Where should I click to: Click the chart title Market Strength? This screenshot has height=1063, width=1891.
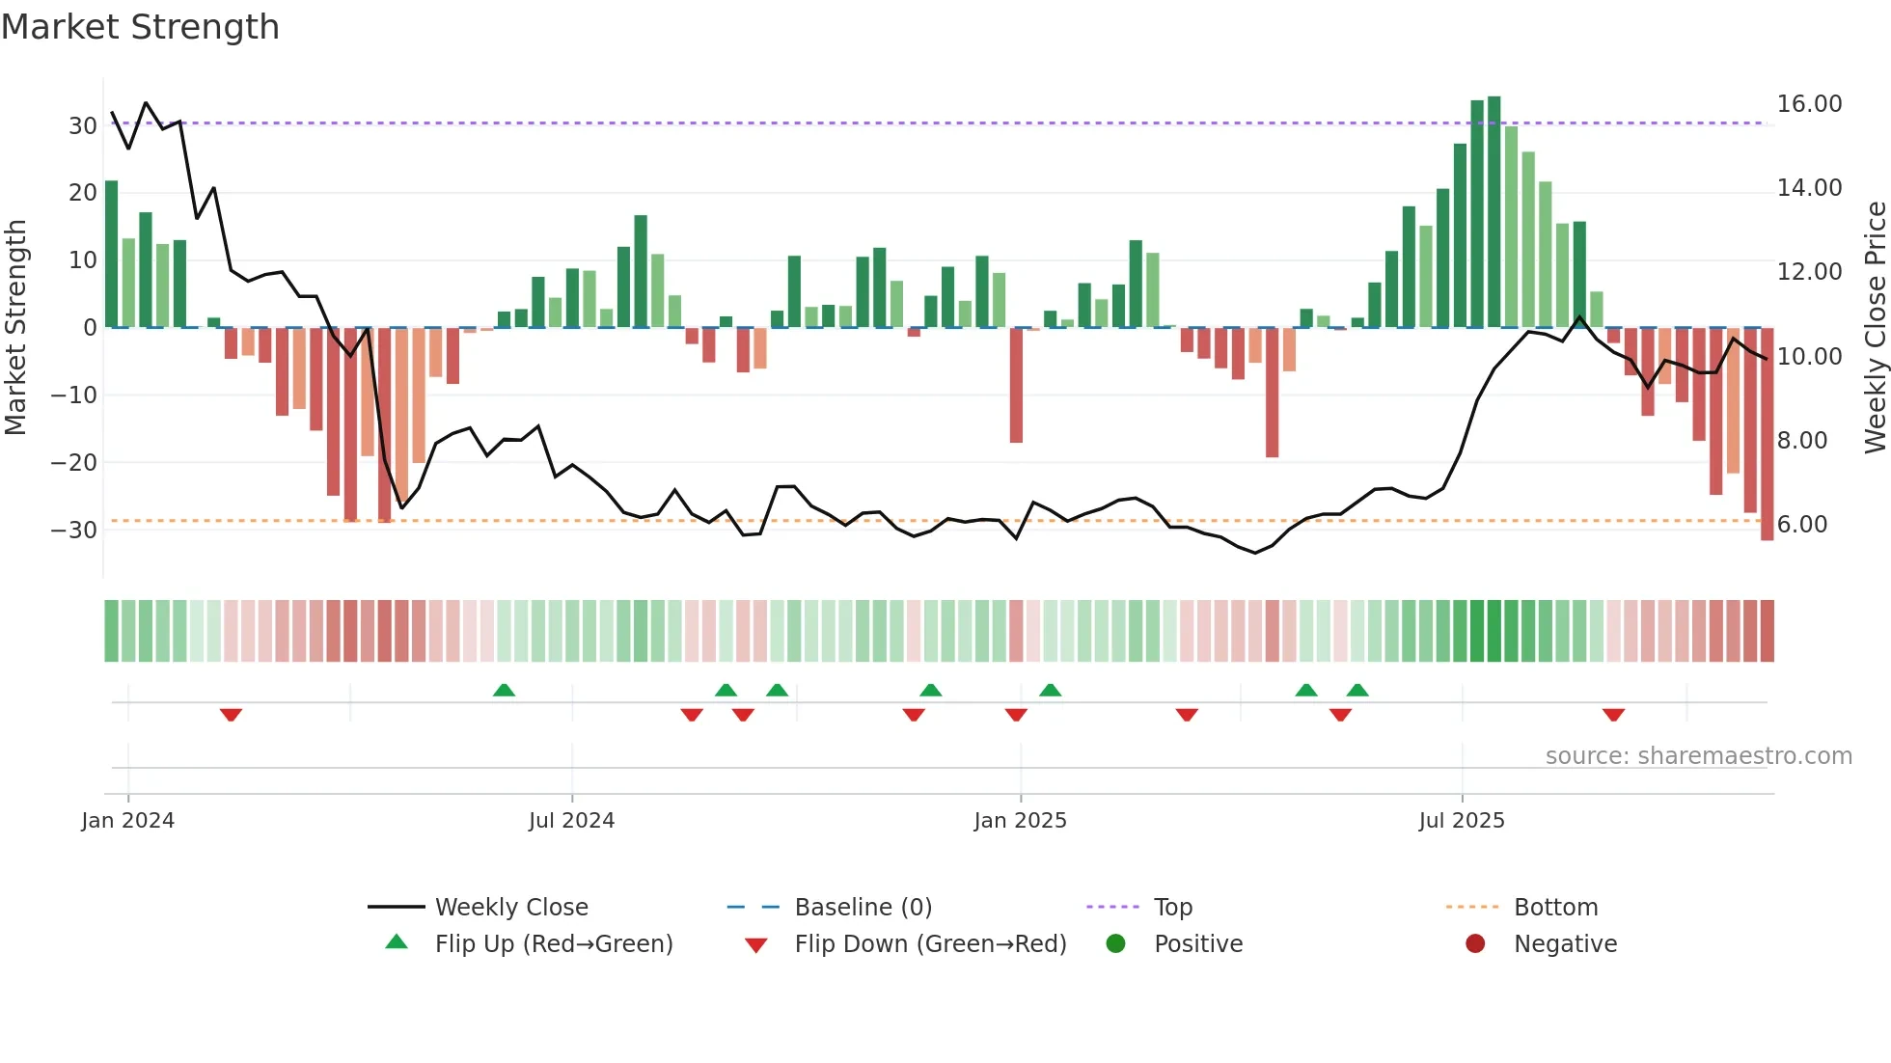(x=140, y=27)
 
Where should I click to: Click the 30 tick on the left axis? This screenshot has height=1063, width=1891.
(x=82, y=126)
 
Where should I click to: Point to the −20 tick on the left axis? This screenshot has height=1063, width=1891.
(x=73, y=463)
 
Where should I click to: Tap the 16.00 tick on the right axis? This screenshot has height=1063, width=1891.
(x=1809, y=104)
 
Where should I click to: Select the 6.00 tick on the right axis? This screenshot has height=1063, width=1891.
(x=1801, y=525)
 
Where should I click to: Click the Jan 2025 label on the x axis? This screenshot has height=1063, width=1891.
(x=1020, y=821)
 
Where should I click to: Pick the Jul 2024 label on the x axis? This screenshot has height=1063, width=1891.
(x=571, y=821)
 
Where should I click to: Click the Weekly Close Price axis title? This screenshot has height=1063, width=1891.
(x=1875, y=328)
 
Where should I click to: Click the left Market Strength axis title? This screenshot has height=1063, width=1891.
(x=16, y=328)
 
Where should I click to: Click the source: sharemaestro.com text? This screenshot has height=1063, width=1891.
(x=1698, y=756)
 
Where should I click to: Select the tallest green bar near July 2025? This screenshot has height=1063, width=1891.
(x=1494, y=212)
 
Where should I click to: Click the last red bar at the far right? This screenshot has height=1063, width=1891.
(x=1767, y=434)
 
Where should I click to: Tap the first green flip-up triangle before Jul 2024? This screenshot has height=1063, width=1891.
(x=504, y=690)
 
